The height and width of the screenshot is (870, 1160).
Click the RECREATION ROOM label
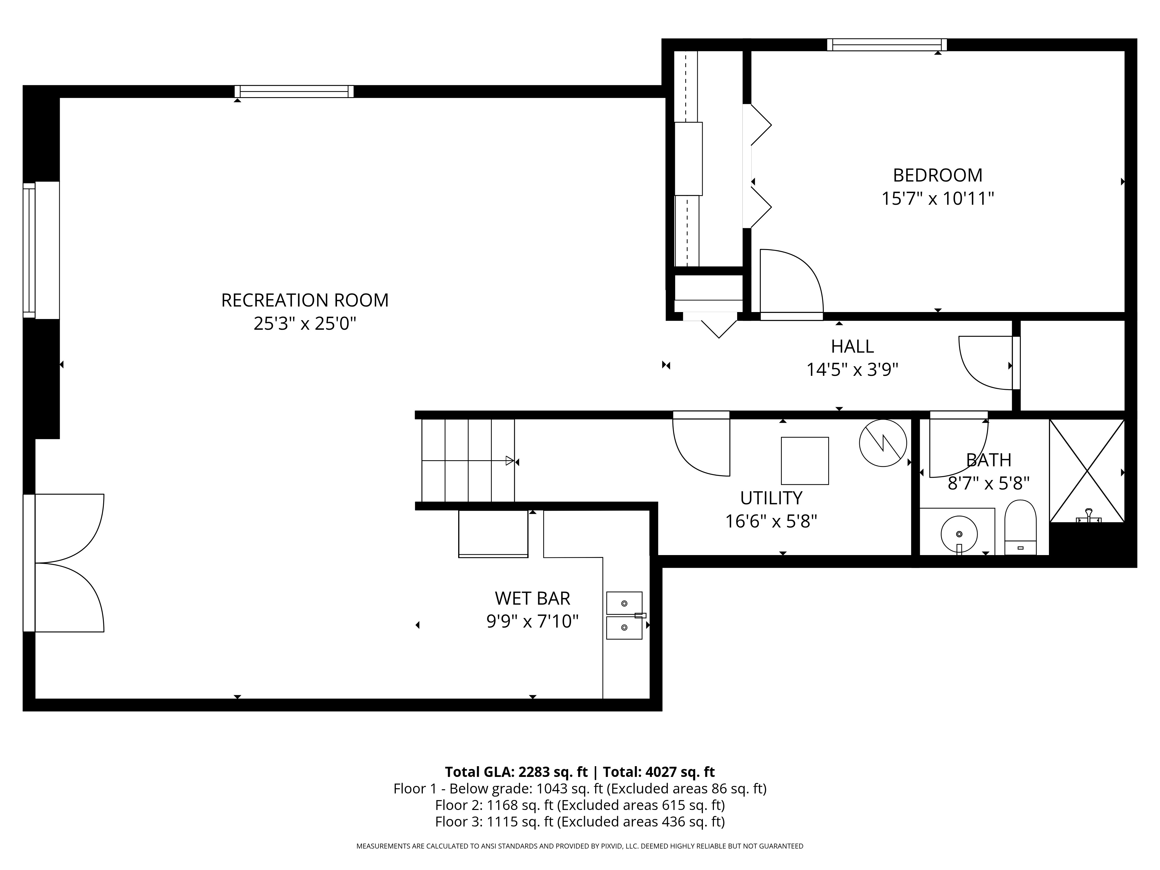[305, 300]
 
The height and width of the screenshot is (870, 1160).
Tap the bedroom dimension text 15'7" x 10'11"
[937, 199]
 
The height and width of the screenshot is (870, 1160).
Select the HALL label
[852, 347]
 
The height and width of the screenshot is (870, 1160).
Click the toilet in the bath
[1020, 527]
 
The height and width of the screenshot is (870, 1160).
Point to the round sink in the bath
[959, 534]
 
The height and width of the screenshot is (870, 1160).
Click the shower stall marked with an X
[1087, 470]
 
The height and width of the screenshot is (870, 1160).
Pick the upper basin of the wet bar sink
[624, 603]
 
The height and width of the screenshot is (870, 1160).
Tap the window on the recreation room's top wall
[294, 91]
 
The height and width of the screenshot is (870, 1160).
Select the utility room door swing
[701, 446]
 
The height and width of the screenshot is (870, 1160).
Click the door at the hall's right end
[986, 363]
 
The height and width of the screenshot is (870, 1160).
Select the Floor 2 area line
[579, 805]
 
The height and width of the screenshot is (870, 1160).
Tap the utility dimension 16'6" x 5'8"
[771, 521]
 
